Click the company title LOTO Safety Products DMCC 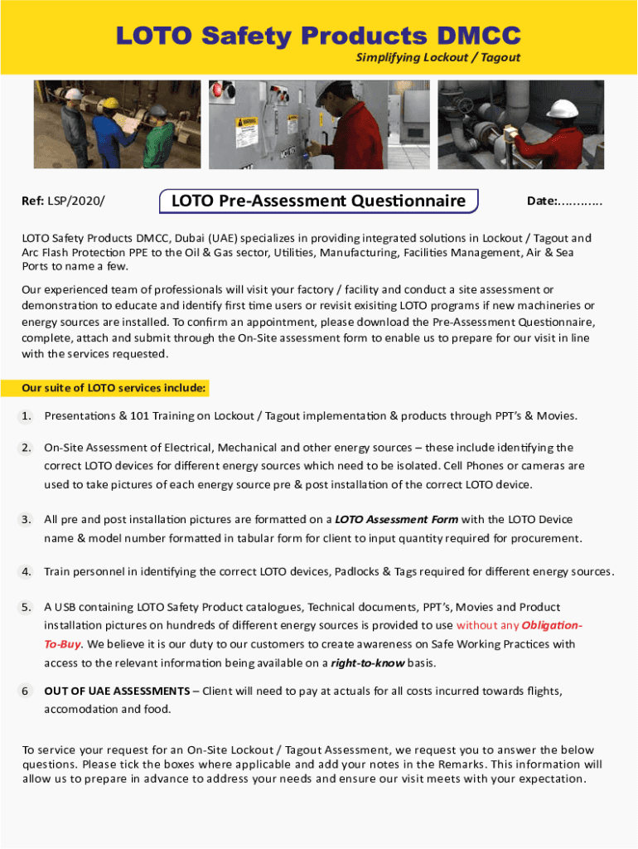[x=318, y=36]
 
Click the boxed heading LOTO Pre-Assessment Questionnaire [x=318, y=201]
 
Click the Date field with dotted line [x=565, y=201]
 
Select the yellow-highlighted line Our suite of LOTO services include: [x=114, y=388]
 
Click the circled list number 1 [x=27, y=415]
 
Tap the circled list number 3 [x=27, y=520]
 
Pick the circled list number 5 [x=27, y=607]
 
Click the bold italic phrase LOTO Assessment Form [x=396, y=520]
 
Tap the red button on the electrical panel [x=220, y=90]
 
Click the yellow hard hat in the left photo [x=73, y=95]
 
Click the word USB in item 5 [x=66, y=607]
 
